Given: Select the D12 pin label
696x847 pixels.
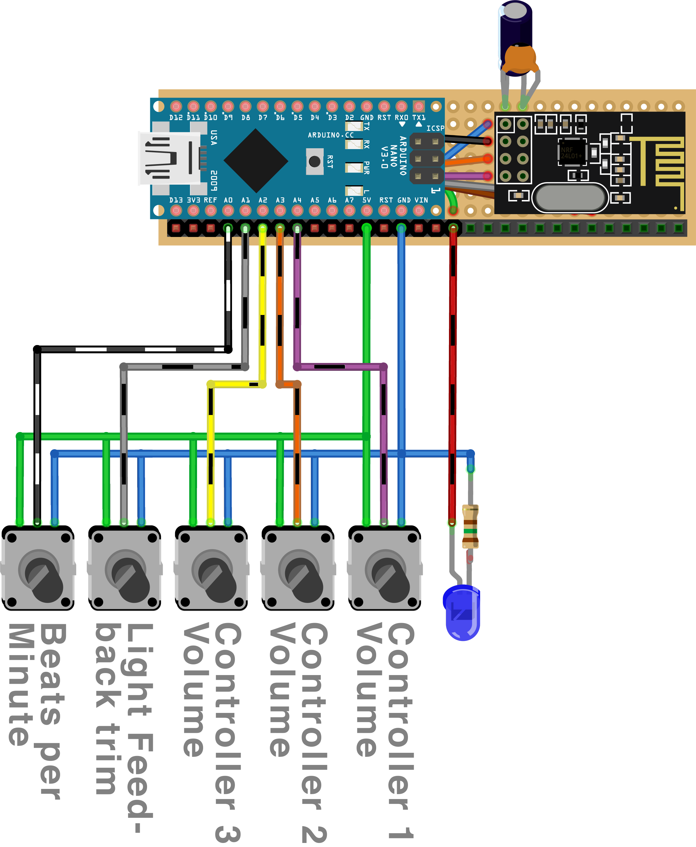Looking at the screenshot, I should click(x=176, y=118).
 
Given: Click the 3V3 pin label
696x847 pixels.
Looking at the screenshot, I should click(x=193, y=200).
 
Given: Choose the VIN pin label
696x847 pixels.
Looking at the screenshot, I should click(x=421, y=200).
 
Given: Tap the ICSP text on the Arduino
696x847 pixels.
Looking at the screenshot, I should click(x=435, y=128).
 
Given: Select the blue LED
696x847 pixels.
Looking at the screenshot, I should click(x=462, y=611).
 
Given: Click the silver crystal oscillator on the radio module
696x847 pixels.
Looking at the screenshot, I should click(x=570, y=197).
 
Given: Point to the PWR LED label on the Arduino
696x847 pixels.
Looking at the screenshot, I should click(x=366, y=168).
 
